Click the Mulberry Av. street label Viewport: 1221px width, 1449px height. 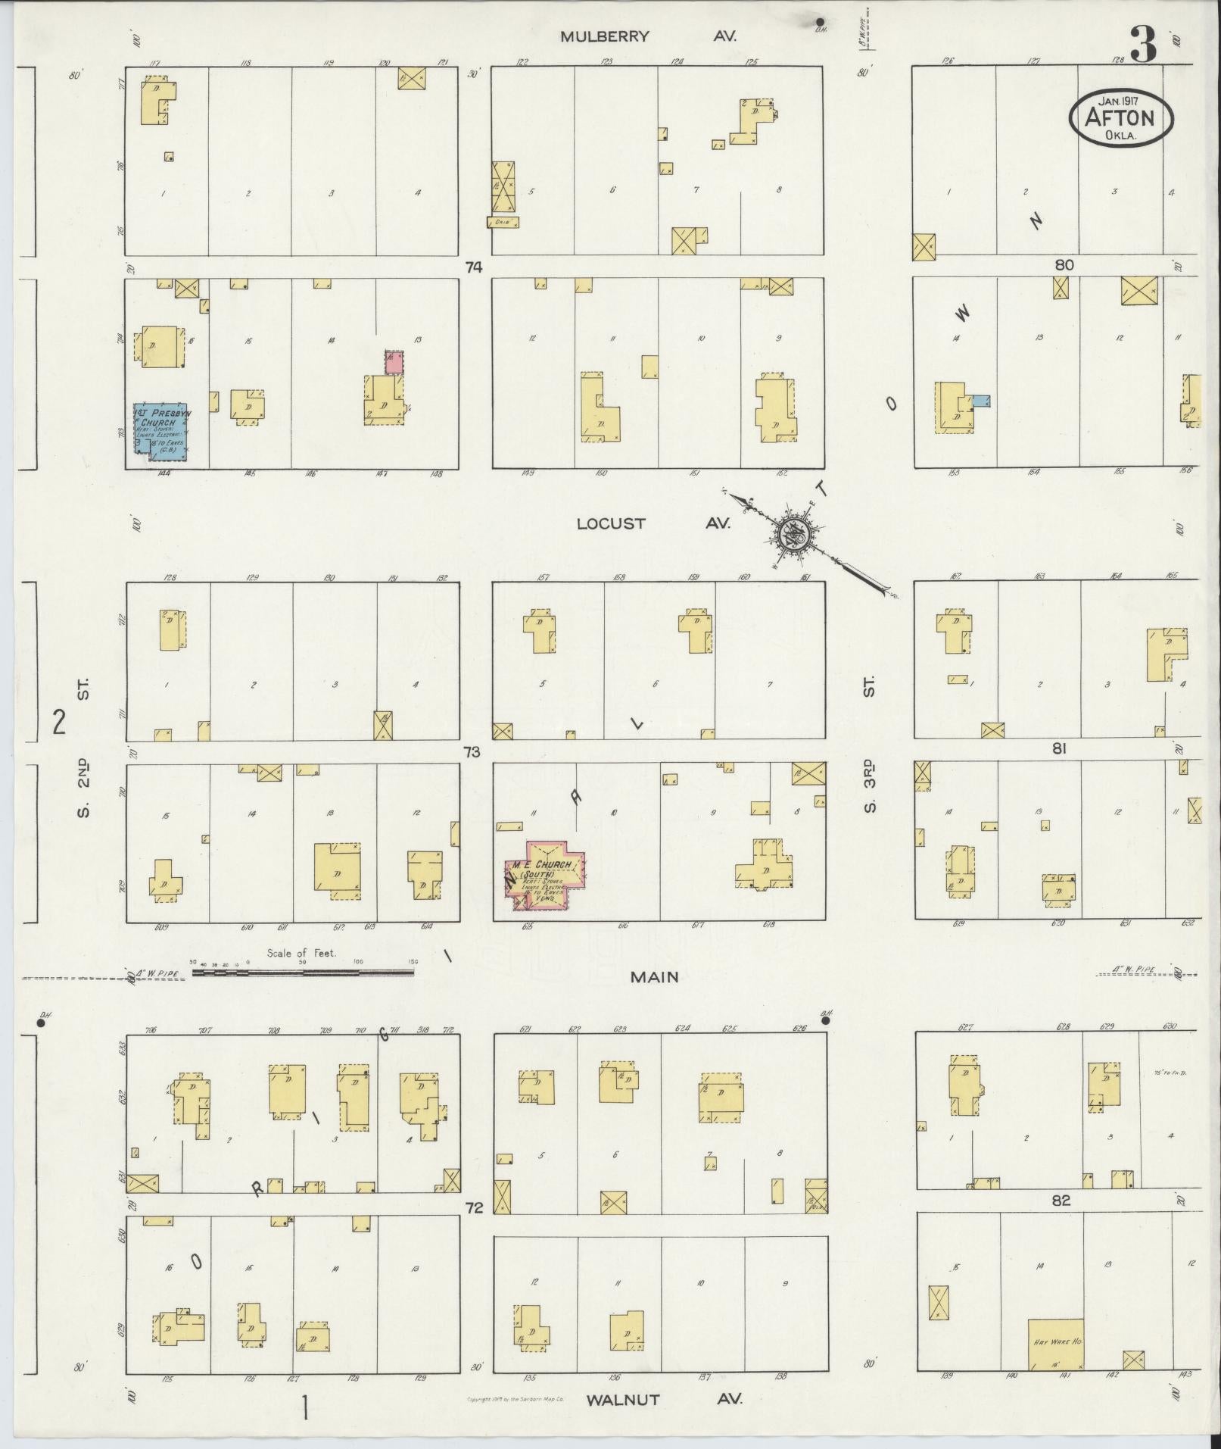[x=647, y=36]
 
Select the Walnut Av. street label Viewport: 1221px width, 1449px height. [x=664, y=1400]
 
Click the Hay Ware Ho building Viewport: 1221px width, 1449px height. [x=1055, y=1344]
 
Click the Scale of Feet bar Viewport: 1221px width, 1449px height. [x=303, y=970]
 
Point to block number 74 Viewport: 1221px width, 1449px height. [x=474, y=267]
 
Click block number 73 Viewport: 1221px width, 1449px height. [x=472, y=752]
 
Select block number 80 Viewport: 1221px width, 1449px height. [x=1064, y=265]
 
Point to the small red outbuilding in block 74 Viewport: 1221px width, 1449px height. [x=393, y=361]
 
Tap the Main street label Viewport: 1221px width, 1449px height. [x=656, y=978]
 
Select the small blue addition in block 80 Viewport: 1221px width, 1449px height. [x=981, y=401]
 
